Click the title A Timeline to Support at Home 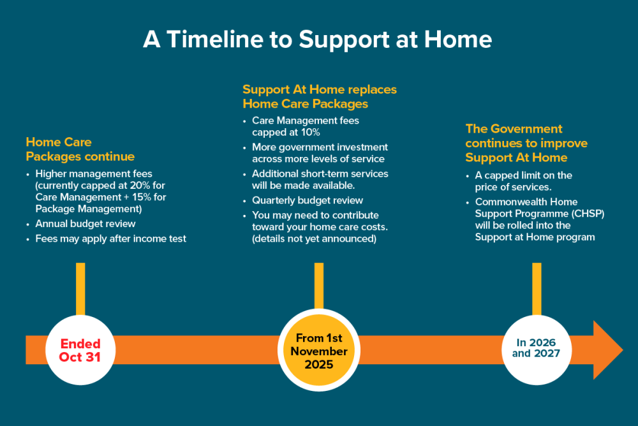(x=317, y=40)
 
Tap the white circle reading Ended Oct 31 (x=80, y=350)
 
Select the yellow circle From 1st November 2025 (x=319, y=350)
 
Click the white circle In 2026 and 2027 (x=537, y=350)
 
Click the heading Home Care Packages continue (x=80, y=149)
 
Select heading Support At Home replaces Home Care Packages (x=320, y=96)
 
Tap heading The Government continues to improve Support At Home (x=526, y=143)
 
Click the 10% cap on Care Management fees (x=311, y=133)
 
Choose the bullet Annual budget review (x=85, y=224)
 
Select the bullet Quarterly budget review (x=308, y=201)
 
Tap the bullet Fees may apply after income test (x=110, y=239)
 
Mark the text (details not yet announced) (x=314, y=239)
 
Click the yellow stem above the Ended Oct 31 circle (x=80, y=289)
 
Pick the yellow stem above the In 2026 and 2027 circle (x=537, y=289)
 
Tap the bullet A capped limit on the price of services (x=523, y=181)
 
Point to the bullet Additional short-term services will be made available (x=320, y=179)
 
